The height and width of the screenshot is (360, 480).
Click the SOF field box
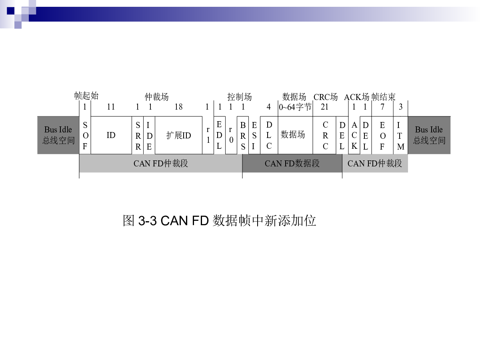pos(85,135)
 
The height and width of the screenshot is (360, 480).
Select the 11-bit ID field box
pos(111,135)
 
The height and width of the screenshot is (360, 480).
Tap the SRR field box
pos(138,135)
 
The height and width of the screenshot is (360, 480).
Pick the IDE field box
pos(149,135)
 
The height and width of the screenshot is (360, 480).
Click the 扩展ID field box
pos(178,135)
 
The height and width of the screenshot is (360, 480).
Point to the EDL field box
pos(219,135)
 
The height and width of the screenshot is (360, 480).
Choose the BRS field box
pos(243,135)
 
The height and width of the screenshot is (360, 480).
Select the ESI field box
pos(254,135)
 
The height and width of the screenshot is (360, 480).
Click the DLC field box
pos(269,135)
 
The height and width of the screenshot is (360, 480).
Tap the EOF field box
pos(382,135)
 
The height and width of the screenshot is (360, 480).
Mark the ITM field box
pos(400,135)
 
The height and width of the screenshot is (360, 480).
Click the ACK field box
pos(354,135)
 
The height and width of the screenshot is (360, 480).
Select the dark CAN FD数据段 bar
pos(292,163)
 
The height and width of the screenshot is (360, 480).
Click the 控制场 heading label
pos(240,97)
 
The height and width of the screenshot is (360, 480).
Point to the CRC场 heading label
pos(326,97)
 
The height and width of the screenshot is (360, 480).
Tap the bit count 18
pos(178,107)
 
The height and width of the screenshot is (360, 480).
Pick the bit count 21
pos(324,107)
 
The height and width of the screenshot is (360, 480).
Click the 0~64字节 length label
pos(295,107)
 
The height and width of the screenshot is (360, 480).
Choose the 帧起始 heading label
pos(86,96)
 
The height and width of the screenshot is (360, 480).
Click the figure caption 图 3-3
pos(140,220)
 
